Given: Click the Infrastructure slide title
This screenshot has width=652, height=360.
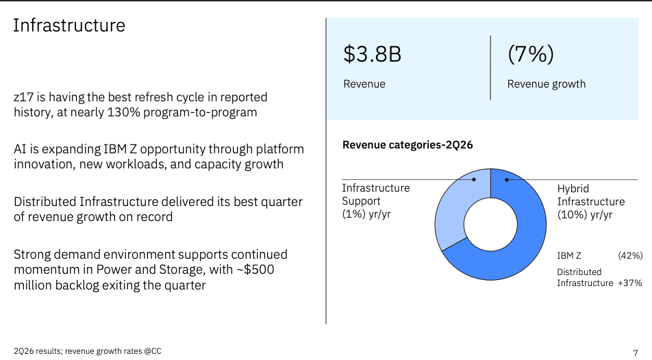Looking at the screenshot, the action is tap(69, 25).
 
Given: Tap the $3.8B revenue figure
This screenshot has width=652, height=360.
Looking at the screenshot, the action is tap(372, 54).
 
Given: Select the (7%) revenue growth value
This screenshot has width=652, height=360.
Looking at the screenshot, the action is tap(531, 54).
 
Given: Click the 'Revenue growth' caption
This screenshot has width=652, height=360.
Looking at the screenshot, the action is tap(547, 84).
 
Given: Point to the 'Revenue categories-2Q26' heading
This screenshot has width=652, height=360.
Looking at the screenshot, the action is tap(407, 144).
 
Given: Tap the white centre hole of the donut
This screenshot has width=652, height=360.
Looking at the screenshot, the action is tap(490, 224).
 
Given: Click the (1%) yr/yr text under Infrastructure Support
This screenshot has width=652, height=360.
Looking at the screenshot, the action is tap(366, 214).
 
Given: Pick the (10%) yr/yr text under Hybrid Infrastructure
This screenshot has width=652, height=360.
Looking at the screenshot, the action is tap(585, 214).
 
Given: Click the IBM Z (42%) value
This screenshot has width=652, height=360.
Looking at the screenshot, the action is tap(630, 255).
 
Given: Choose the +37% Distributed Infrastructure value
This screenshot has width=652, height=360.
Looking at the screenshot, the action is tap(630, 283).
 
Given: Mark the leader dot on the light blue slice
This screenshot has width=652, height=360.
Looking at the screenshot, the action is tap(474, 179).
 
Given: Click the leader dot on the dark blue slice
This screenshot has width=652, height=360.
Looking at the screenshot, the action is tap(507, 179).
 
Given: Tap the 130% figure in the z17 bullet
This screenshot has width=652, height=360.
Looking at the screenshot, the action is tap(123, 112).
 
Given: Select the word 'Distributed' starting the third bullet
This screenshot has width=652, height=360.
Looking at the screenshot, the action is tap(45, 202).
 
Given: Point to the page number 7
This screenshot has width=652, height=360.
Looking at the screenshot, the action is tap(636, 353).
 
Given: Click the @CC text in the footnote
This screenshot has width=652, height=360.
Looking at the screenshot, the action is tap(153, 351).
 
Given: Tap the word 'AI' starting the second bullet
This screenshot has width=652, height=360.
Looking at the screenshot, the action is tap(20, 149).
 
